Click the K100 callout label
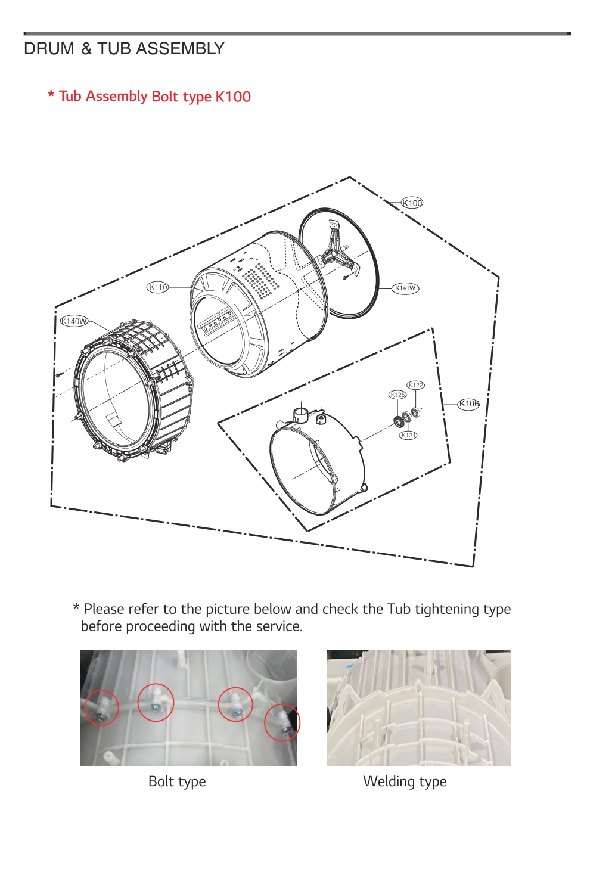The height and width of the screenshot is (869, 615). (x=412, y=203)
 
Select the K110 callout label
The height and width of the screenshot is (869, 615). (x=158, y=287)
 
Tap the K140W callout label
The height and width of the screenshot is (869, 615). (x=74, y=321)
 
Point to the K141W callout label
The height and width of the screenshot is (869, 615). (x=405, y=288)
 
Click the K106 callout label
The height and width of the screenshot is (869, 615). (x=468, y=404)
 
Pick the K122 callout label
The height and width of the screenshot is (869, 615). (x=415, y=385)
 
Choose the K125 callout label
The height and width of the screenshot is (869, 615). (x=397, y=395)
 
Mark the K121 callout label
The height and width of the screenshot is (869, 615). (x=408, y=435)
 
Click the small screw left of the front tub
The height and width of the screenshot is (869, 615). (x=59, y=375)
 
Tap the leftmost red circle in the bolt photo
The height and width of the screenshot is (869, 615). (x=102, y=707)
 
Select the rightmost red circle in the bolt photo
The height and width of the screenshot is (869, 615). (x=282, y=722)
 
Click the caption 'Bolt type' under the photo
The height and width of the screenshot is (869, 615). (x=177, y=781)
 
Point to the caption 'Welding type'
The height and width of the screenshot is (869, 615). (x=405, y=781)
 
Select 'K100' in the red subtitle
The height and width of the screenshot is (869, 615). (x=233, y=97)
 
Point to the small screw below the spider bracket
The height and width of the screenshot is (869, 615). (x=345, y=277)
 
